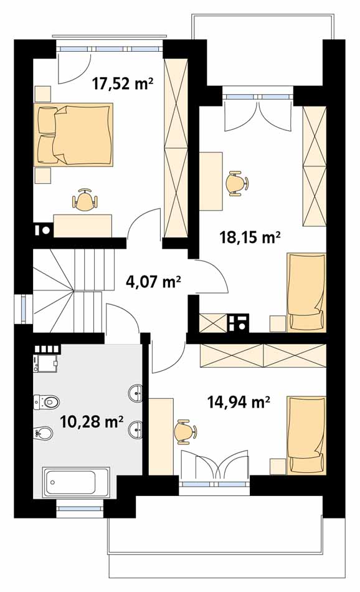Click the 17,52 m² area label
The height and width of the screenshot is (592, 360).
point(123,84)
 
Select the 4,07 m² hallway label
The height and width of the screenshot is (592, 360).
point(153,281)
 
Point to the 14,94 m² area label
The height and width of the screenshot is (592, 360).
point(238,402)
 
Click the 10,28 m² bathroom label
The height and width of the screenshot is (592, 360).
point(92,421)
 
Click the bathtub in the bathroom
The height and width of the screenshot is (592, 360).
point(76,482)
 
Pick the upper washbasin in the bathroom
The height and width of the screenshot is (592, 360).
point(136,393)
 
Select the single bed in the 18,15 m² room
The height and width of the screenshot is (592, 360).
point(306,292)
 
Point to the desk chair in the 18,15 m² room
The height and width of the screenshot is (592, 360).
point(237,183)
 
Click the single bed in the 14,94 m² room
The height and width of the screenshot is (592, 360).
point(306,435)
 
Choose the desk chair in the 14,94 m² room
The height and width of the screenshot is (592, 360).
point(186,431)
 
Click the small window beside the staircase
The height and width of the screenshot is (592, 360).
point(24,309)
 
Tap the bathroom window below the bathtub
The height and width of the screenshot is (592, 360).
point(80,508)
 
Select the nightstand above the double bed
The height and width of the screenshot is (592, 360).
point(42,94)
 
